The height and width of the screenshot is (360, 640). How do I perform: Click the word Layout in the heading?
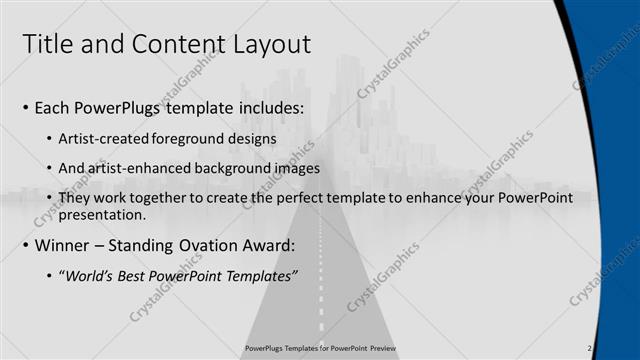tap(267, 44)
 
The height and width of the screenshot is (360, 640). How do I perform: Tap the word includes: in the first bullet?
tap(267, 108)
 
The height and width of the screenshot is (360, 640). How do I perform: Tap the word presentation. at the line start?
tap(103, 214)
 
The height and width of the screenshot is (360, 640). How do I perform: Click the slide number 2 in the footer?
tap(590, 348)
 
